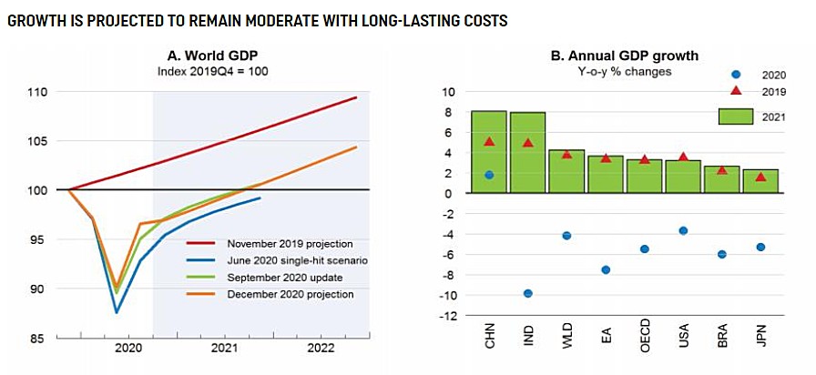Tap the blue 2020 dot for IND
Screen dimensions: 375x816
tap(527, 293)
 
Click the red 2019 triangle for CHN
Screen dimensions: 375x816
tap(489, 141)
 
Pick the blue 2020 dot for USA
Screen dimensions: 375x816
tap(683, 230)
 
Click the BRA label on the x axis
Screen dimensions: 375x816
tap(722, 340)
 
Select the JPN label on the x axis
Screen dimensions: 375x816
tap(760, 340)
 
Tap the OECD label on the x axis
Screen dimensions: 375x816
tap(644, 342)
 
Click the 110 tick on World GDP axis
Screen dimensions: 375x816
tap(39, 92)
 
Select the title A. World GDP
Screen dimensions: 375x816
tap(216, 56)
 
